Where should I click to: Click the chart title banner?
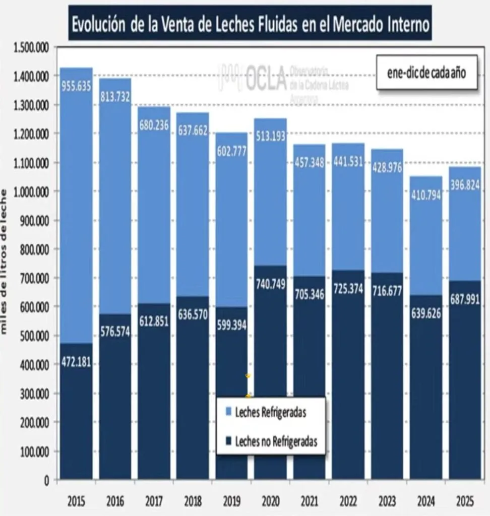coord(250,24)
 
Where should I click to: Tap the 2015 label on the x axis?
coord(76,501)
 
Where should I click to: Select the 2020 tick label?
coord(270,501)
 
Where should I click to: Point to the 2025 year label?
coord(464,501)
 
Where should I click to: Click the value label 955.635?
coord(76,86)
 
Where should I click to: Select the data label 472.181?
coord(76,363)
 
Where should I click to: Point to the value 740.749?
coord(270,284)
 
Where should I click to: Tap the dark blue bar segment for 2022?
coord(348,403)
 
